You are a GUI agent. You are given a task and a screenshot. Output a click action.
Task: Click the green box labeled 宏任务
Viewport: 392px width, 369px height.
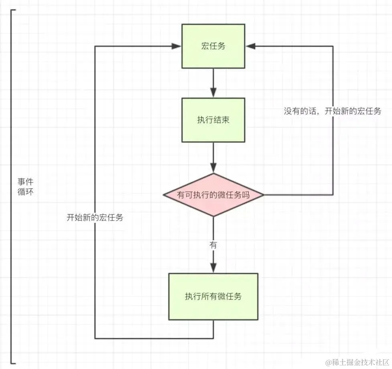(x=213, y=46)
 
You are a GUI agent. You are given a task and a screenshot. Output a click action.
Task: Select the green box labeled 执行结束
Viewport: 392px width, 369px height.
(x=213, y=120)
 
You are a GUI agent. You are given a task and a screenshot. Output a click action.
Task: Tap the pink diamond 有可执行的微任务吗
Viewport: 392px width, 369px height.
(x=213, y=195)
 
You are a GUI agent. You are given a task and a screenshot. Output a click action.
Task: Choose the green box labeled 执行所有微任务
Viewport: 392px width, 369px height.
(x=213, y=296)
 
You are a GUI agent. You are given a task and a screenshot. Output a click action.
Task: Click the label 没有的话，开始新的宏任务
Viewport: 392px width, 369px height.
(x=333, y=111)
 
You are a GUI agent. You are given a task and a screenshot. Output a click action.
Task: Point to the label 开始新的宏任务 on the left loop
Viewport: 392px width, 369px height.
(x=95, y=217)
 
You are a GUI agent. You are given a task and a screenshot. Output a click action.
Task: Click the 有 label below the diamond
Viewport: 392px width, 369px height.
(x=213, y=245)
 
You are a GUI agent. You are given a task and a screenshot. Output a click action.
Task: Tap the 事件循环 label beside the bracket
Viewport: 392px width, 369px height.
(x=26, y=187)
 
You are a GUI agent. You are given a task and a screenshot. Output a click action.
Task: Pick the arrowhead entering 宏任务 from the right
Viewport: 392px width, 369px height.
(x=250, y=46)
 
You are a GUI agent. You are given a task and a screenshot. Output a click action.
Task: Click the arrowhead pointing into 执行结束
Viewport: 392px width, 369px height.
(x=213, y=92)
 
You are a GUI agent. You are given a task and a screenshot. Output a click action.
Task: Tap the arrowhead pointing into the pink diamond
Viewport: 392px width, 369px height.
(x=213, y=167)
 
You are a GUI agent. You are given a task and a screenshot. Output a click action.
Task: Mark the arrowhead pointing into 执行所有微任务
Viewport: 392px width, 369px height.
(x=213, y=268)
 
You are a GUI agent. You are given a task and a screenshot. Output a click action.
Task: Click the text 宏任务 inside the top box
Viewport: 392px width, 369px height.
(x=213, y=46)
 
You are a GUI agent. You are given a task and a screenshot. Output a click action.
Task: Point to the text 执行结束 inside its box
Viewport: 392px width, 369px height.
(x=213, y=120)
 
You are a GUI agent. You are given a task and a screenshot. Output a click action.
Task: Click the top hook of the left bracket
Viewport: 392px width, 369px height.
(x=13, y=10)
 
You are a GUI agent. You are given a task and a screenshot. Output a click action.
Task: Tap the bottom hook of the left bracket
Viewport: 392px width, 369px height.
(x=13, y=363)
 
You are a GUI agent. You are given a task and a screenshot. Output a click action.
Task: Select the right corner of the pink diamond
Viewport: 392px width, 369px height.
(x=264, y=195)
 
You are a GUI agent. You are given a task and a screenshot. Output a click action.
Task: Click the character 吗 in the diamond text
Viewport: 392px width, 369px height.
(x=246, y=195)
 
